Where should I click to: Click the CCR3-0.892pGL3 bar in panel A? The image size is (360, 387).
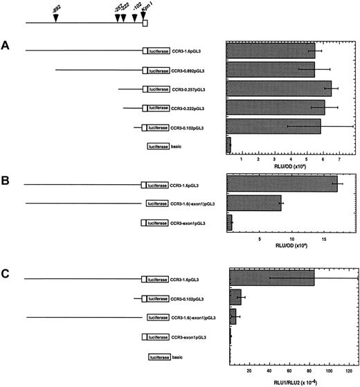click(x=271, y=70)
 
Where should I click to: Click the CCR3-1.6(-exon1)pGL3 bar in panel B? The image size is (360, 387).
click(x=254, y=203)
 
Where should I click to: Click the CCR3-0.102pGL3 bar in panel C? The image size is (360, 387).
click(x=235, y=298)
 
